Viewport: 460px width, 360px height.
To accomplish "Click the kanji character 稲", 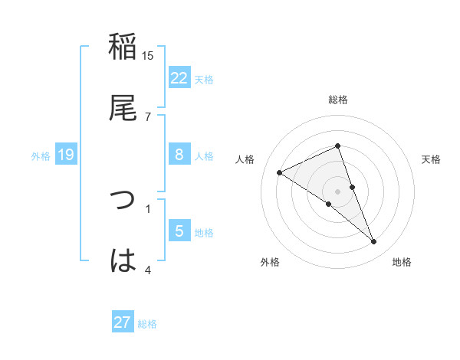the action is pyautogui.click(x=123, y=47).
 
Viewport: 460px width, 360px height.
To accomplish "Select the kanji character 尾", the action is pyautogui.click(x=123, y=107).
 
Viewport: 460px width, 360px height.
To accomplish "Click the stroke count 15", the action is pyautogui.click(x=148, y=56).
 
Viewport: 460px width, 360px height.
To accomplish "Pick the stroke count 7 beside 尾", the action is pyautogui.click(x=148, y=116).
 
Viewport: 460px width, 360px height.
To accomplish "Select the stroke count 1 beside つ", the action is pyautogui.click(x=148, y=208).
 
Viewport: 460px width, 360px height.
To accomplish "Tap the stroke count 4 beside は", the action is pyautogui.click(x=148, y=269).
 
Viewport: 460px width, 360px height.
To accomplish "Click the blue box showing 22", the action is pyautogui.click(x=179, y=77).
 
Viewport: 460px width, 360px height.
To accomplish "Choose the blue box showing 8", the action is pyautogui.click(x=179, y=155).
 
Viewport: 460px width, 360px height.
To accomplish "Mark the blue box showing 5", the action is pyautogui.click(x=179, y=231).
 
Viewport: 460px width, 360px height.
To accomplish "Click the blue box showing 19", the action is pyautogui.click(x=66, y=155).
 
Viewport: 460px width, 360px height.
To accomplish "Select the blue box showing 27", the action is pyautogui.click(x=123, y=322).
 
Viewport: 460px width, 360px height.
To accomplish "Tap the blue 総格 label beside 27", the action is pyautogui.click(x=147, y=324).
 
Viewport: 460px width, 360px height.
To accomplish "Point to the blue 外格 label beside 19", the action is pyautogui.click(x=41, y=156).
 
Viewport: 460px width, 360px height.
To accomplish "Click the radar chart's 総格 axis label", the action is pyautogui.click(x=337, y=100).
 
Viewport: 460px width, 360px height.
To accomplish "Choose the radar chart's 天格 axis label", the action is pyautogui.click(x=431, y=159).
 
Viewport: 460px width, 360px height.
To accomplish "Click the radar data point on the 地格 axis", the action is pyautogui.click(x=374, y=241).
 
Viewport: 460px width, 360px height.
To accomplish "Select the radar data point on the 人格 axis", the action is pyautogui.click(x=280, y=172).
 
